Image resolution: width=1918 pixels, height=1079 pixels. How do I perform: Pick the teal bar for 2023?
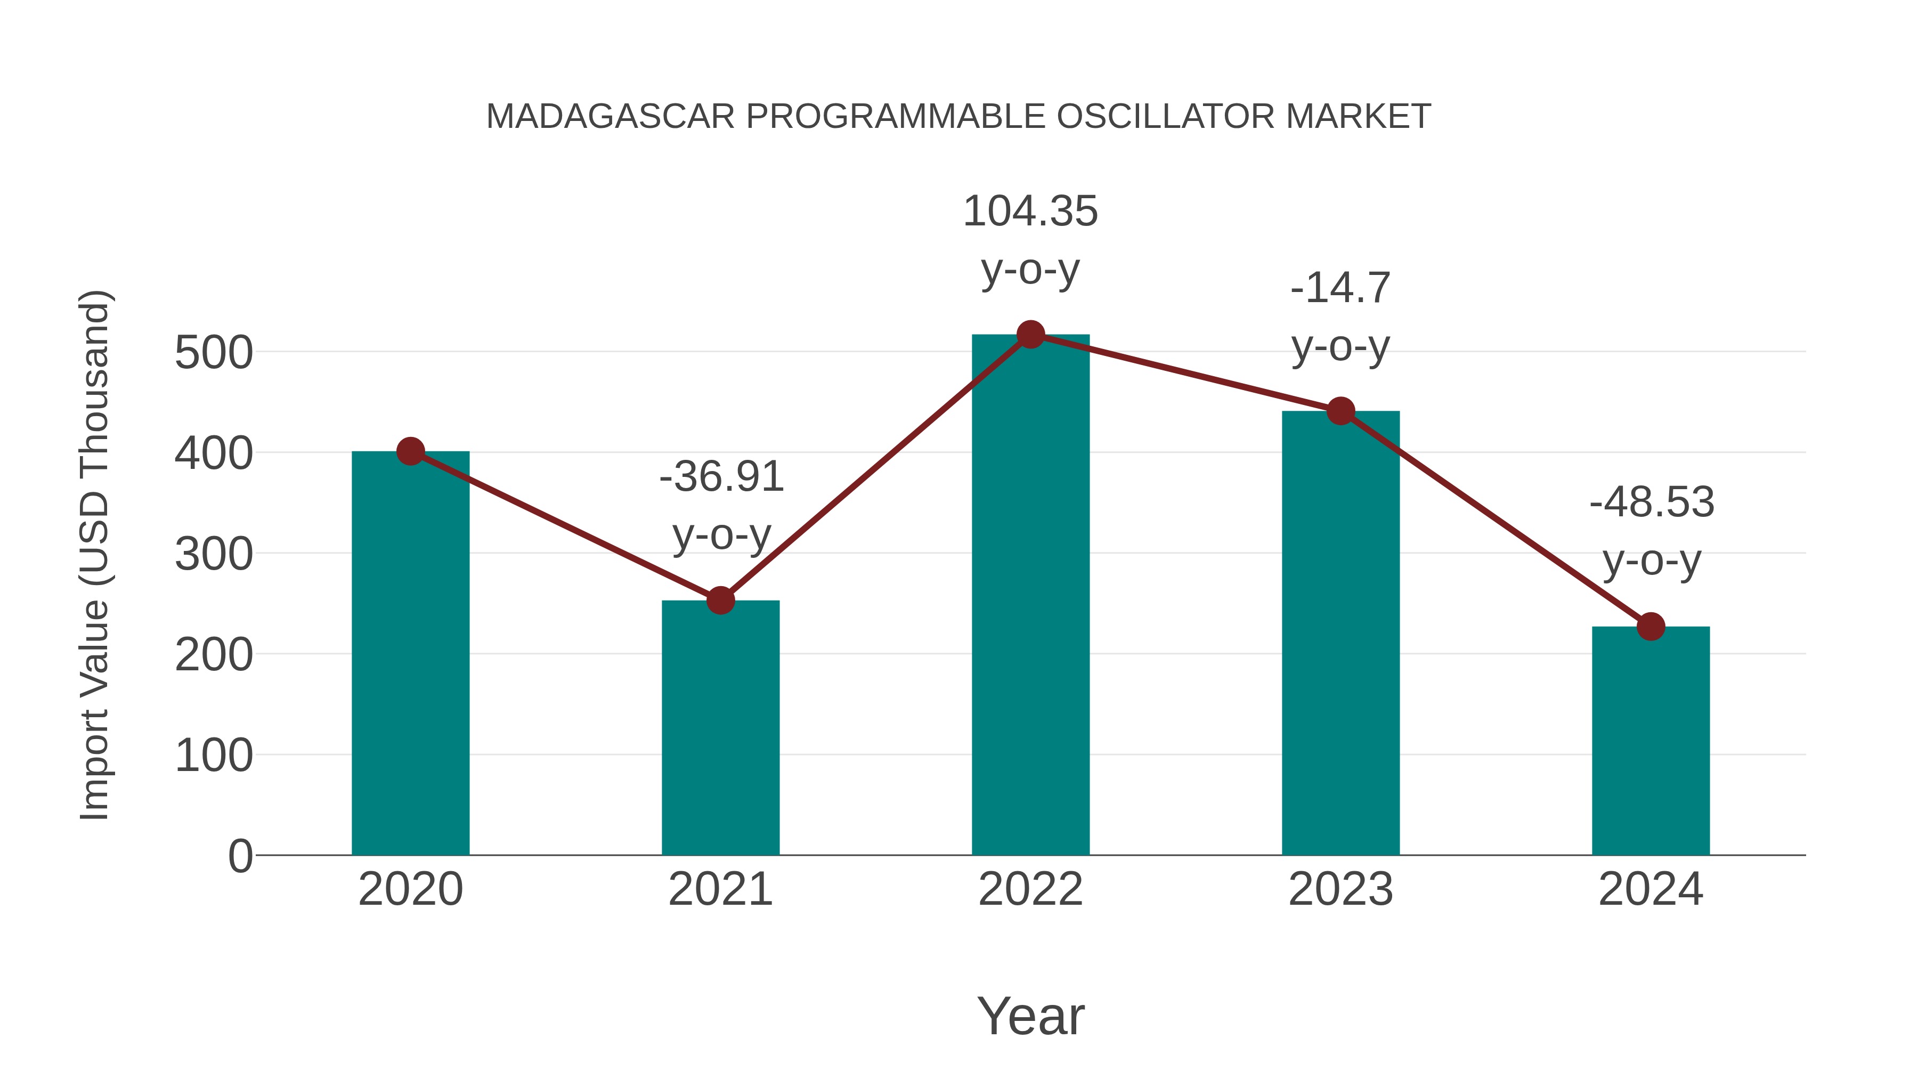coord(1340,633)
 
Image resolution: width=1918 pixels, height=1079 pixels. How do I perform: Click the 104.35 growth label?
coord(1030,212)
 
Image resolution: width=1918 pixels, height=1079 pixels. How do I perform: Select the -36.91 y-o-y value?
coord(721,476)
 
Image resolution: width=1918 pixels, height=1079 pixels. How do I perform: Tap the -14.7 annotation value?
coord(1340,288)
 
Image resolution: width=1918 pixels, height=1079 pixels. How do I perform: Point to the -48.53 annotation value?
coord(1652,502)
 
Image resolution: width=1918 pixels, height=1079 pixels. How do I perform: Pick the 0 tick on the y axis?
coord(240,856)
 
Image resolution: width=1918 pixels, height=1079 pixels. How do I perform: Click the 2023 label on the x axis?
coord(1340,889)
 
